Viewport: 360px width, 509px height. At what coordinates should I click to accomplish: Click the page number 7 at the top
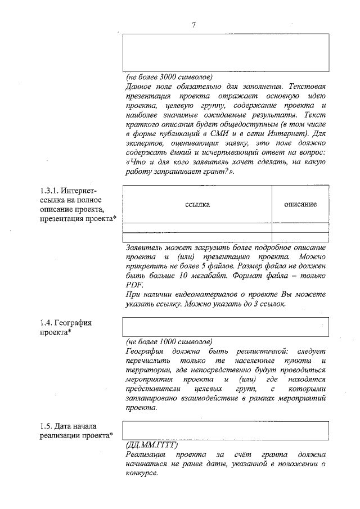tap(193, 25)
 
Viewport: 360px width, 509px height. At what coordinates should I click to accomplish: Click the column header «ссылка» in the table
tap(197, 205)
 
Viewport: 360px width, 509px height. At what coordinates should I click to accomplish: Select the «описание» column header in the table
tap(300, 204)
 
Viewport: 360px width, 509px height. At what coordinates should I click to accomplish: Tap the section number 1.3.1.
tap(49, 190)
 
